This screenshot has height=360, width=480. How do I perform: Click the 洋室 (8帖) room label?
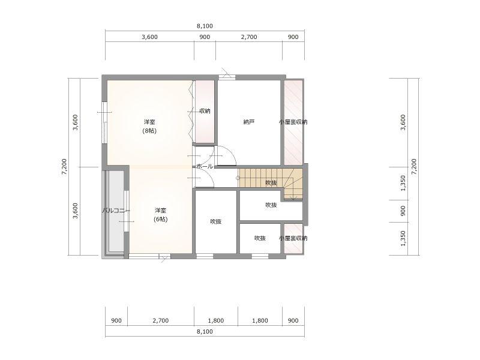pyautogui.click(x=149, y=126)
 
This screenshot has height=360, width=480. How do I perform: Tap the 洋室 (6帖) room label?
pyautogui.click(x=160, y=215)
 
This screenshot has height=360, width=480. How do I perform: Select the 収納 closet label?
pyautogui.click(x=205, y=111)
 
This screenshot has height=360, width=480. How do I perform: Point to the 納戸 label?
pyautogui.click(x=249, y=122)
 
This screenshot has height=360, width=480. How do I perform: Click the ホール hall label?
pyautogui.click(x=205, y=167)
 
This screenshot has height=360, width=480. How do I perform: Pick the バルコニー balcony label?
pyautogui.click(x=116, y=211)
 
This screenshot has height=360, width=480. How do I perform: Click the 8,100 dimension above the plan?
pyautogui.click(x=205, y=26)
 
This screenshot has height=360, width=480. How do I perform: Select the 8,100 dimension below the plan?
pyautogui.click(x=205, y=332)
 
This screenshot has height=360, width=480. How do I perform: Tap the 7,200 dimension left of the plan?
pyautogui.click(x=64, y=167)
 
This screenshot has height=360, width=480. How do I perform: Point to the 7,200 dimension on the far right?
pyautogui.click(x=414, y=167)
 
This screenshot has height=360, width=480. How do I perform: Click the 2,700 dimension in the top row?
pyautogui.click(x=249, y=37)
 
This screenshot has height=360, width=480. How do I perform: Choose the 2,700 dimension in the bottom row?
pyautogui.click(x=160, y=320)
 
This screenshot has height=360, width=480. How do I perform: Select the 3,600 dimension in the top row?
pyautogui.click(x=149, y=37)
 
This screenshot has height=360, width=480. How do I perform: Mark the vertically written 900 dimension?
pyautogui.click(x=403, y=211)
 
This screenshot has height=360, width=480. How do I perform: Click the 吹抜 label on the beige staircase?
pyautogui.click(x=271, y=183)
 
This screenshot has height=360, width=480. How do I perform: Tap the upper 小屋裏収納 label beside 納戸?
pyautogui.click(x=293, y=122)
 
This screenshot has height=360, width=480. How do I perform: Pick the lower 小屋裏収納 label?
pyautogui.click(x=293, y=238)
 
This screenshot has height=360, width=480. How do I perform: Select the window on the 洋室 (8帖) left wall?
pyautogui.click(x=104, y=122)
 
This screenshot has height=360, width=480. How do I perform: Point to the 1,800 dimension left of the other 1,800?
pyautogui.click(x=215, y=320)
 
